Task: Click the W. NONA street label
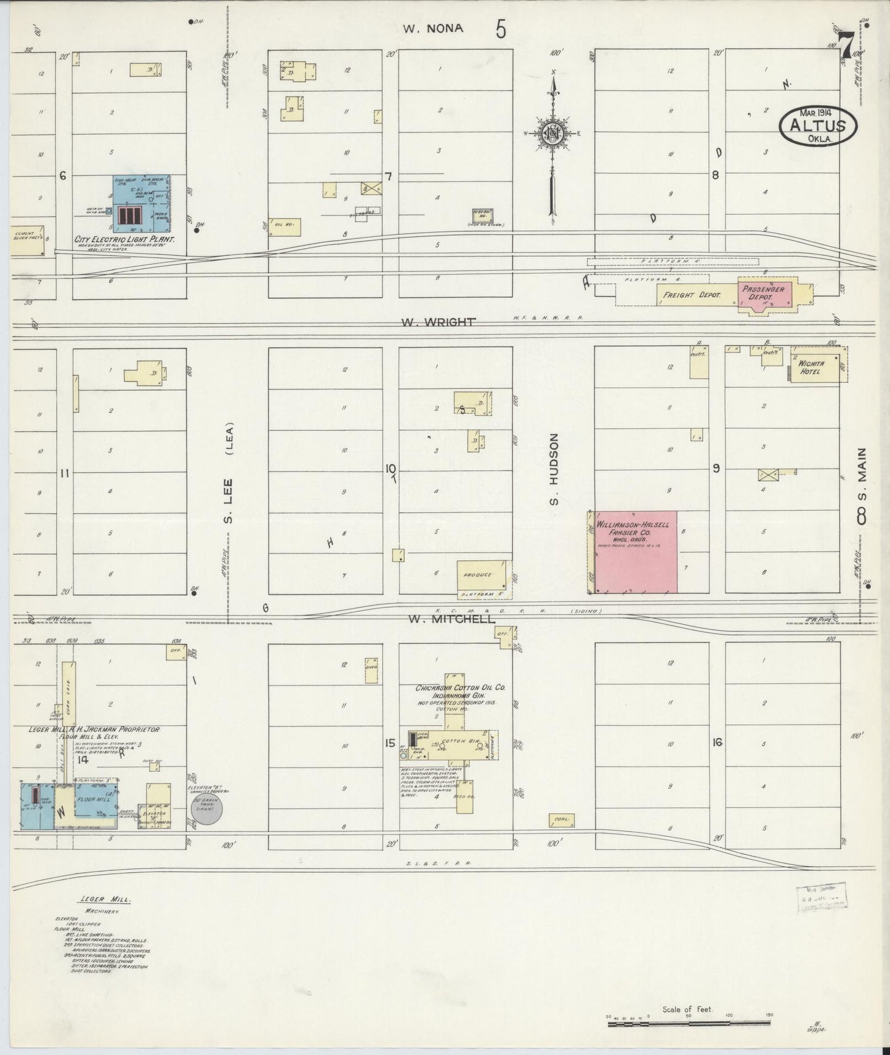coord(432,28)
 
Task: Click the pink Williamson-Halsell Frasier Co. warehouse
coord(634,552)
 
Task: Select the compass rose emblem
coord(554,132)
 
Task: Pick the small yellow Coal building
coord(561,820)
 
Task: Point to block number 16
coord(716,742)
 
